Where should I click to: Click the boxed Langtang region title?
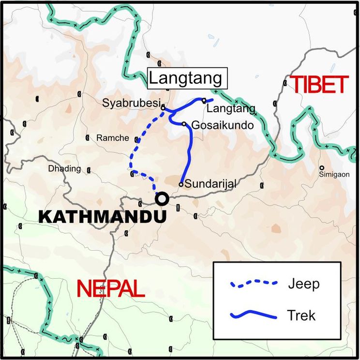(x=185, y=78)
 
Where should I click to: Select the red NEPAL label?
(x=111, y=289)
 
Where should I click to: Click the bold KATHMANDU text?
(x=102, y=217)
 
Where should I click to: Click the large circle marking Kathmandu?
(x=162, y=198)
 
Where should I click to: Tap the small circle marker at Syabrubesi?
(x=163, y=107)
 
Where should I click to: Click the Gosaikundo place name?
(x=223, y=125)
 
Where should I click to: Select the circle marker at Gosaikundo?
(x=184, y=124)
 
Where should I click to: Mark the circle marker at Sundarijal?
(x=181, y=184)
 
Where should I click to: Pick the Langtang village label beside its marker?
(x=227, y=109)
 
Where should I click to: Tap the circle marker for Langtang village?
(x=204, y=100)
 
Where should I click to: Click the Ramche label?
(x=113, y=138)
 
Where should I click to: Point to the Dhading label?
(x=64, y=169)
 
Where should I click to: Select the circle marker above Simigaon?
(x=322, y=168)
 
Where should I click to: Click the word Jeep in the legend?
(x=303, y=284)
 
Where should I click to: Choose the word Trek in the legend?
(x=301, y=315)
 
